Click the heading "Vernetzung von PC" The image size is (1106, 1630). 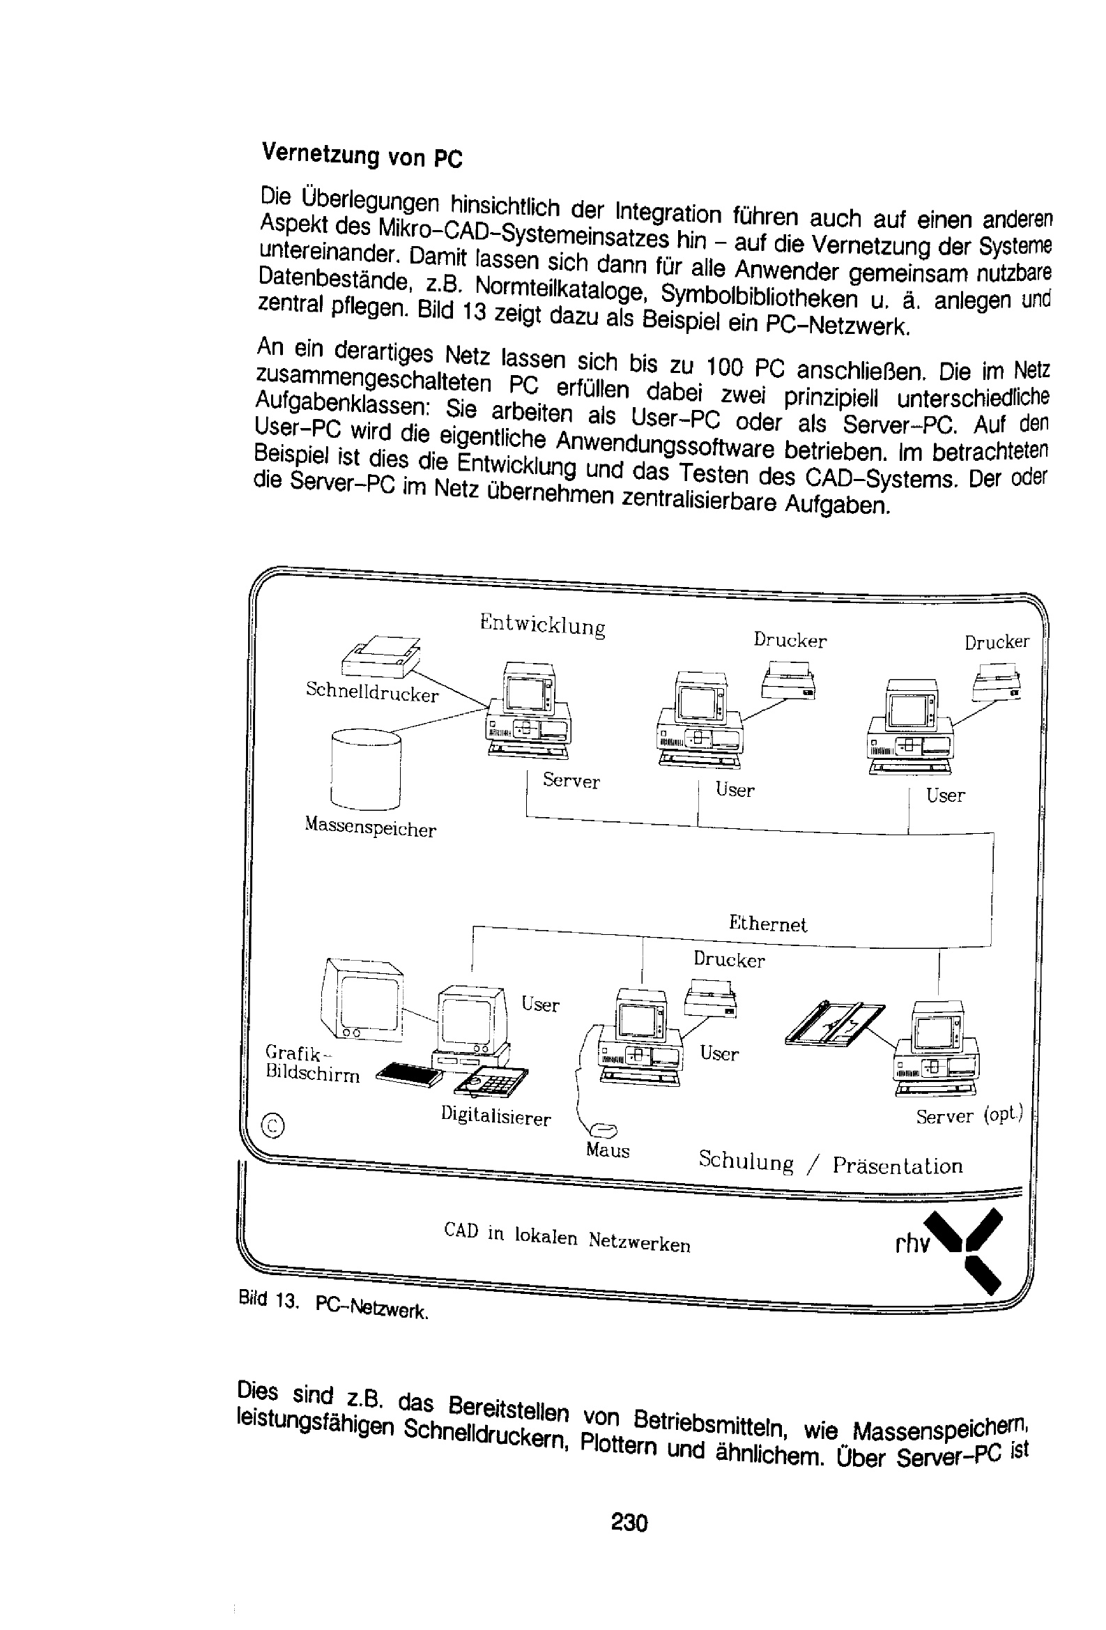click(x=362, y=155)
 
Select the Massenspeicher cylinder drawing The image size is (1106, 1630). click(x=365, y=770)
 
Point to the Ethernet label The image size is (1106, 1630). click(x=768, y=923)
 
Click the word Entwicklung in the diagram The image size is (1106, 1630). click(x=543, y=623)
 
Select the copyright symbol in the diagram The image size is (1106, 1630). click(x=272, y=1125)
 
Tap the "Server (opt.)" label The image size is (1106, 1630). click(x=970, y=1115)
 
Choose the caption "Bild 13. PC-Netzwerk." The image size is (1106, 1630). click(x=333, y=1302)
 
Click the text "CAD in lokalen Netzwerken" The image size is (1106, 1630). click(x=567, y=1237)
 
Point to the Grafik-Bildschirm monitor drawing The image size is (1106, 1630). click(x=362, y=998)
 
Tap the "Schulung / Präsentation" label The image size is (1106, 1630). click(x=831, y=1164)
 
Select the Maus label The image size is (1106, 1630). click(x=608, y=1150)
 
